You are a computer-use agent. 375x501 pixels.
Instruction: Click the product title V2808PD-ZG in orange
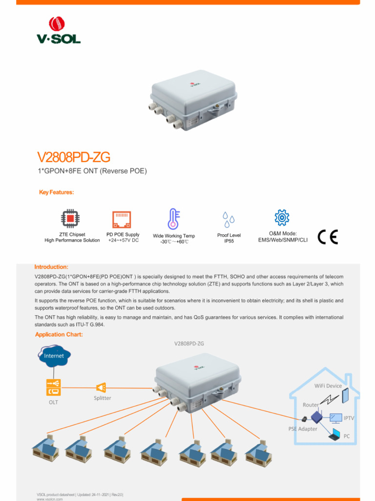74,158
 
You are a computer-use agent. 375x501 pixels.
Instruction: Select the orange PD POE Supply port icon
122,220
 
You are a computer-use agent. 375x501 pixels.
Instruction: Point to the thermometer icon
173,219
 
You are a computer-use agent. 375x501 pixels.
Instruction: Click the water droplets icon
228,220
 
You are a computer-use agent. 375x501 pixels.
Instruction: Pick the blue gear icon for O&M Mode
282,217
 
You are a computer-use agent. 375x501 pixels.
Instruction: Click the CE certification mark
327,237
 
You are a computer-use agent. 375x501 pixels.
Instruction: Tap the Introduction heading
51,267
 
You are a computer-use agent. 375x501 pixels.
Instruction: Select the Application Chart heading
59,335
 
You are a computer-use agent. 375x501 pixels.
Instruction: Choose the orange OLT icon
54,387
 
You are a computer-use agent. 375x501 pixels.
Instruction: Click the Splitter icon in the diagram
101,387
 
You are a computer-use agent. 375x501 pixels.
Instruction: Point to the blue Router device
316,417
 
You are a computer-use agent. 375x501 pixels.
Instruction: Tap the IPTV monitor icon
335,418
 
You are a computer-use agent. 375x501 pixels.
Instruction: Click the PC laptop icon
334,433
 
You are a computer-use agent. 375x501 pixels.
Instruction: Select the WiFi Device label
328,386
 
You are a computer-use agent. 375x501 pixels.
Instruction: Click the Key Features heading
56,192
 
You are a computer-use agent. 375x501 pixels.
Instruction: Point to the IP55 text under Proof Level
229,241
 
